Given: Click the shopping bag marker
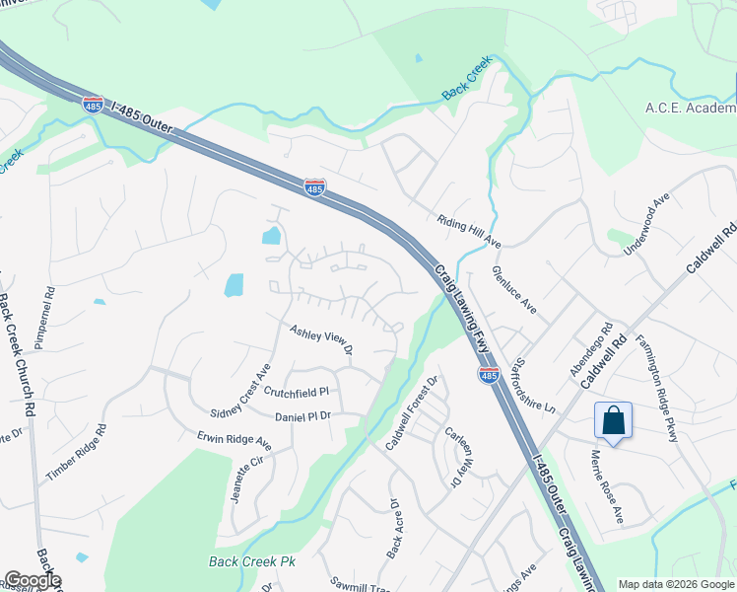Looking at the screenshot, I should tap(613, 421).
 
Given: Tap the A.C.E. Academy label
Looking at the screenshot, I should tap(690, 108).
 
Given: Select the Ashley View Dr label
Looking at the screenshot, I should tap(320, 338).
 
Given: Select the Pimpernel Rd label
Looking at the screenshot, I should tap(44, 318).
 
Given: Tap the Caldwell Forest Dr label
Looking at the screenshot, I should tap(410, 413).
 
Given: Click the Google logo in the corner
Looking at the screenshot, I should tap(32, 580).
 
